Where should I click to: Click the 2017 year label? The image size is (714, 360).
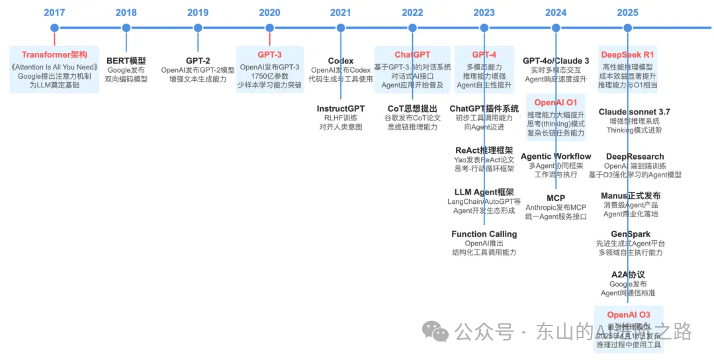54,12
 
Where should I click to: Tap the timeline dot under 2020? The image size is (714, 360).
269,28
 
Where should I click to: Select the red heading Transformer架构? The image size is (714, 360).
54,55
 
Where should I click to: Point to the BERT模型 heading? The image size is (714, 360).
126,61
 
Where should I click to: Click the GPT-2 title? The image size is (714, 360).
198,61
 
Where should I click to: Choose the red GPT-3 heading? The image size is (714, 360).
269,55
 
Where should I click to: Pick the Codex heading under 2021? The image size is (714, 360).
341,61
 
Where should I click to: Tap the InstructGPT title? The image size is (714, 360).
341,109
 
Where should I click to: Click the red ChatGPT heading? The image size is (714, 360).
412,55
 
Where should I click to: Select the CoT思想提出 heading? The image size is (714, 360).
412,109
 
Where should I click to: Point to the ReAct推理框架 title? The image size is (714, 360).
484,150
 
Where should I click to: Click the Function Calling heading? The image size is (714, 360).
484,234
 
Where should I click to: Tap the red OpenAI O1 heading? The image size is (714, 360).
556,103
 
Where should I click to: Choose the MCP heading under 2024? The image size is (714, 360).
556,199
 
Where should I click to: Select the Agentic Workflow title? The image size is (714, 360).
556,157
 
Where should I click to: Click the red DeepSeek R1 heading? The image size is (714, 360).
627,55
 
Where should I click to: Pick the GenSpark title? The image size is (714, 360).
630,234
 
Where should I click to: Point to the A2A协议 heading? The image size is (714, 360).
627,275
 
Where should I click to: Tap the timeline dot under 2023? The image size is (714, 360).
484,28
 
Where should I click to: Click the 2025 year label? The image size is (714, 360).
627,12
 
